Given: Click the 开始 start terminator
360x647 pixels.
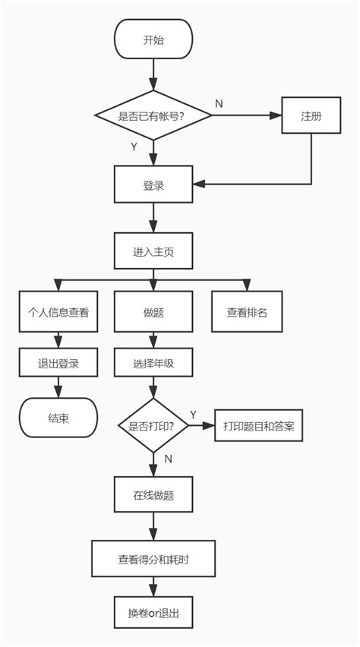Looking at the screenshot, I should pos(153,39).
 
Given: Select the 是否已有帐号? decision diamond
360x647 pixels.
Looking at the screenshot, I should pos(153,115).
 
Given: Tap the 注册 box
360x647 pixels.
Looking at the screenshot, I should pos(311,115).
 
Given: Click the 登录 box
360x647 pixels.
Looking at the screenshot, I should pos(153,185).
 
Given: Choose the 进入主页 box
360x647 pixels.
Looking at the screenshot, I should pos(153,251).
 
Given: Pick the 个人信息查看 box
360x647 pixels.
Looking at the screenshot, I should pos(58,312).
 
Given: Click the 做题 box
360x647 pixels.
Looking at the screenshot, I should pos(153,312).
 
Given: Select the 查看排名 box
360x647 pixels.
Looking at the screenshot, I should pos(248,312).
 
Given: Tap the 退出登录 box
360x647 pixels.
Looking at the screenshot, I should pos(58,363).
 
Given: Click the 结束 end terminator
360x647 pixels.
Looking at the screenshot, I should pos(58,418).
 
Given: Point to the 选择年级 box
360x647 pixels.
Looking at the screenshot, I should pos(153,363).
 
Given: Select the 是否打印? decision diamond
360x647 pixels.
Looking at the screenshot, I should pos(153,426).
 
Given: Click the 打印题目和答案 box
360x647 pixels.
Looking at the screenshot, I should pos(258,426).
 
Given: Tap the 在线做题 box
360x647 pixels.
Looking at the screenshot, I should pos(153,495).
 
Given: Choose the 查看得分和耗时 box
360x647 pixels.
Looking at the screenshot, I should pos(153,559).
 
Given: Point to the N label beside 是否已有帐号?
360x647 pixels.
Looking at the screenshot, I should pos(219,103).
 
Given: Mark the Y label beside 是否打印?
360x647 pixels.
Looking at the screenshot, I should pos(193,414).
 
